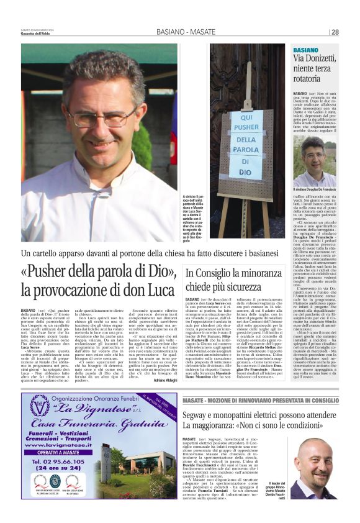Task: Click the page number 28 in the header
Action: (335, 32)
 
